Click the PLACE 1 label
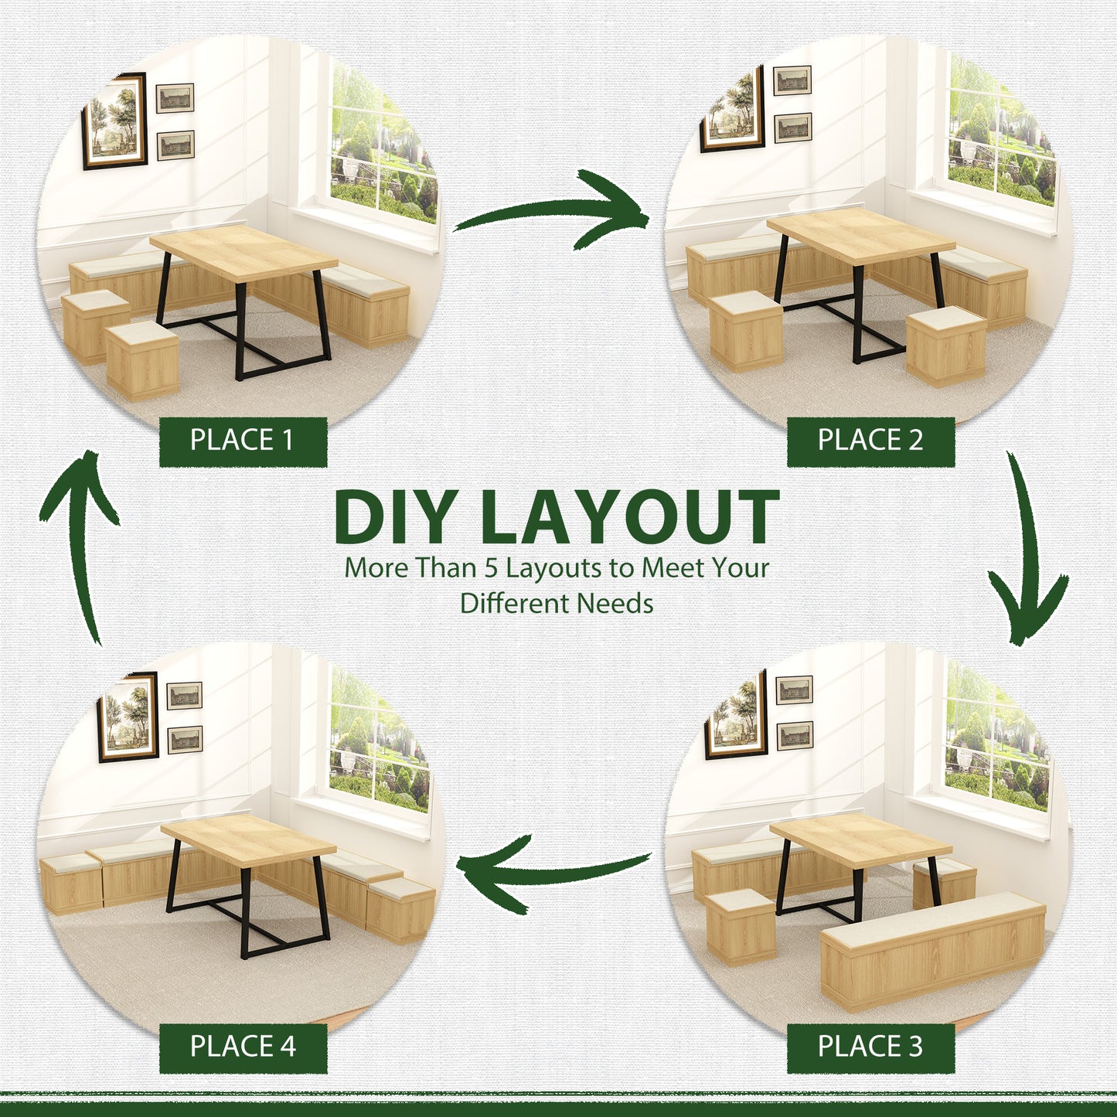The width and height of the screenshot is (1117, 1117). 243,441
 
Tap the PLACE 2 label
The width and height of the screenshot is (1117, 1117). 870,441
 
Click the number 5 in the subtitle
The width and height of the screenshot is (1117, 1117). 492,568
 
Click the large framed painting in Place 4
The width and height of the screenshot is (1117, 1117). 128,717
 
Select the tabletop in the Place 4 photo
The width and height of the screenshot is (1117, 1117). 248,840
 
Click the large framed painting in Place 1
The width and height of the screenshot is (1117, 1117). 114,121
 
